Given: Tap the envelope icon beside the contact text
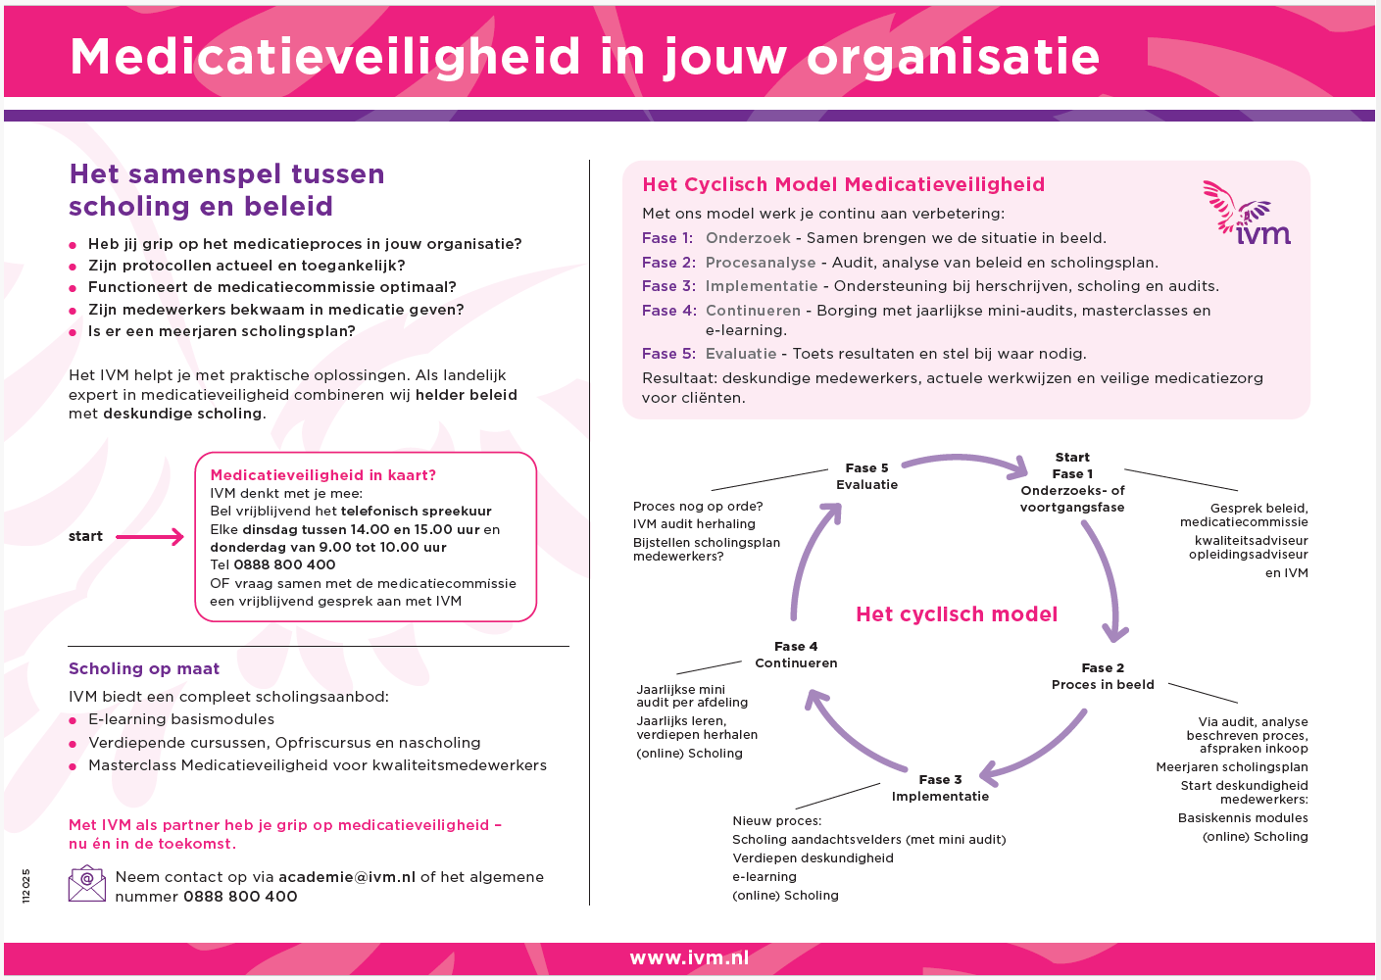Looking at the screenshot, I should [86, 884].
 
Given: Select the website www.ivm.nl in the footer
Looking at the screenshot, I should [689, 958].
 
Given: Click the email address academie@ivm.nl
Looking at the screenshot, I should [347, 877].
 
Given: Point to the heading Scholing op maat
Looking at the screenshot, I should [144, 668].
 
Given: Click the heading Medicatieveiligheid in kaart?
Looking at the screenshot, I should [323, 475].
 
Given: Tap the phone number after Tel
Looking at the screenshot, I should [284, 564].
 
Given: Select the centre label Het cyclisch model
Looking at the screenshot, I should [957, 614].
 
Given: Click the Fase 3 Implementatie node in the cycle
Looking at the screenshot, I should [940, 788].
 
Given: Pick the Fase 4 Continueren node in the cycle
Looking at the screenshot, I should [796, 655].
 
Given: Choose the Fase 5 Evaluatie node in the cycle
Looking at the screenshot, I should [866, 476].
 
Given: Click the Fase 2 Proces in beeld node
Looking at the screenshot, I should [1103, 676].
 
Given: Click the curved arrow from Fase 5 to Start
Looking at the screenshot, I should [964, 462].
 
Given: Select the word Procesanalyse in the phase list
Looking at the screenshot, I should [761, 263].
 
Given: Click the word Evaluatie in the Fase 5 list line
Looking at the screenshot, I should [741, 354].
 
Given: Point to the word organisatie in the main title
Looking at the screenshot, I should [953, 57].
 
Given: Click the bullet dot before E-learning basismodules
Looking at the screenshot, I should [73, 720].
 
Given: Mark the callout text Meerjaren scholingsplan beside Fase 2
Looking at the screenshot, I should [1232, 767].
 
